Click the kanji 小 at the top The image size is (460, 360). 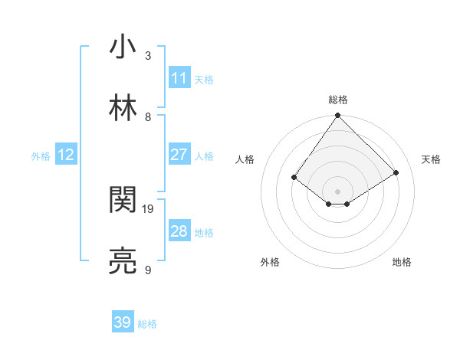point(123,47)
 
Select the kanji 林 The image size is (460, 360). point(123,109)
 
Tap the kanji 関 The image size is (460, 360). point(123,201)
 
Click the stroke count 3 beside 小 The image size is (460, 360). point(148,55)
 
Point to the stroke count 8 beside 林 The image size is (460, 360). point(148,116)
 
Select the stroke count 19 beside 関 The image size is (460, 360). point(149,208)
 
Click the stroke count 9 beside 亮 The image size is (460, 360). point(148,270)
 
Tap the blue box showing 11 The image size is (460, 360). point(179,77)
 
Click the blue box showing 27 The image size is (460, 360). point(179,155)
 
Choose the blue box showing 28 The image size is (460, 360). point(179,231)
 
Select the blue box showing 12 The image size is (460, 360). point(66,155)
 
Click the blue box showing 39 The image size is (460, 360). point(123,322)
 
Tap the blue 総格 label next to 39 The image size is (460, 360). point(148,324)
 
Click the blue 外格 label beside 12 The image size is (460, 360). point(41,156)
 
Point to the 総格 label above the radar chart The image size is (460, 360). point(338,100)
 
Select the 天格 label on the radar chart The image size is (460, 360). point(431,159)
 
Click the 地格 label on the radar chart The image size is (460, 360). point(402,262)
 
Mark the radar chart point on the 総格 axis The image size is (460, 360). point(338,116)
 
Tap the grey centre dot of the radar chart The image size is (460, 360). point(338,191)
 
